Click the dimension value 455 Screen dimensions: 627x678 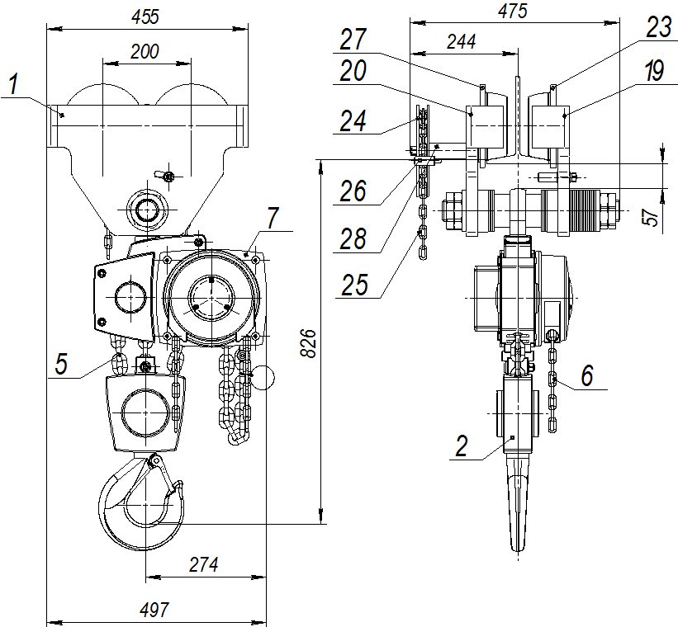coord(146,16)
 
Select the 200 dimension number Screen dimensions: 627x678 coord(145,50)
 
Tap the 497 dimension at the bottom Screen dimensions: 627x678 coord(155,610)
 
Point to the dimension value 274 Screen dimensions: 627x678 coord(204,566)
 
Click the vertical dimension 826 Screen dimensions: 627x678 coord(307,342)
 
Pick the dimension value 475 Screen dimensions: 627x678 coord(511,10)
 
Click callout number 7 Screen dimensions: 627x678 coord(273,218)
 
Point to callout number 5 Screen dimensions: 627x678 coord(62,364)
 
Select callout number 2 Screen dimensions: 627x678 coord(462,446)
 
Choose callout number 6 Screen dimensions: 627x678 coord(586,375)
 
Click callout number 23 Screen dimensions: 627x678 coord(659,28)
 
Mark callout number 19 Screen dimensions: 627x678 coord(654,73)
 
